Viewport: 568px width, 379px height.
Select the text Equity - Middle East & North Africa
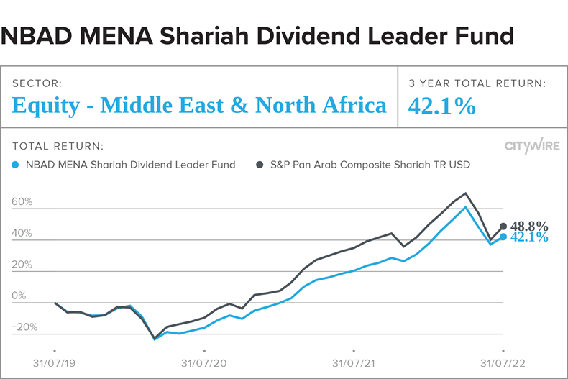[x=199, y=106]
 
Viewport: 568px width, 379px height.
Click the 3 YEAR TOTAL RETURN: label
[x=477, y=83]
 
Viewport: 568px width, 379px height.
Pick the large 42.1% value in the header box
[x=441, y=106]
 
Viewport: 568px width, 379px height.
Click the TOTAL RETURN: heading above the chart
[x=58, y=146]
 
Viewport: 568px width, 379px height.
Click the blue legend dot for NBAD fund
[x=16, y=165]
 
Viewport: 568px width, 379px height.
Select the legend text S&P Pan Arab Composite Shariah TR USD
[x=370, y=165]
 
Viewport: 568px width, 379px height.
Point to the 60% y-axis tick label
[x=22, y=202]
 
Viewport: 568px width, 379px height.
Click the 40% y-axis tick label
[x=22, y=234]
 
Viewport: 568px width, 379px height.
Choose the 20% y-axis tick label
[x=22, y=265]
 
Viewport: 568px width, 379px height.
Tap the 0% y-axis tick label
[x=19, y=296]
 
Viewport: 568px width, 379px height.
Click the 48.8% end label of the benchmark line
[x=529, y=226]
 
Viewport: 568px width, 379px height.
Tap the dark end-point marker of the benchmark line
[x=503, y=226]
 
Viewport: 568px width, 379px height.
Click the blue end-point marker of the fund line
[x=503, y=237]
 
